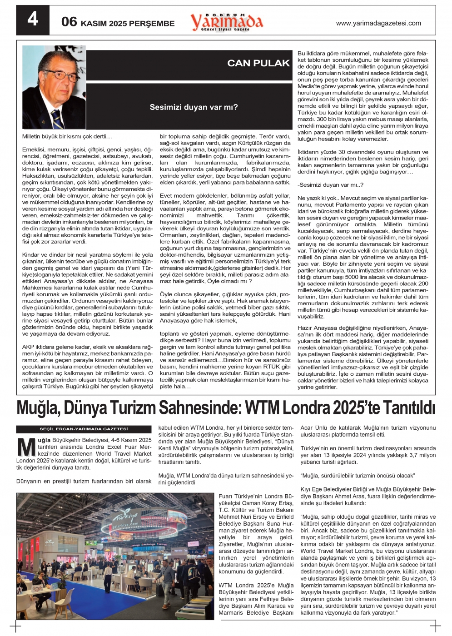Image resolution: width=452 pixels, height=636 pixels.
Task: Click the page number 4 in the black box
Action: click(32, 19)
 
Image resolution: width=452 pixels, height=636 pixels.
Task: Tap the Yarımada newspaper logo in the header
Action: click(226, 21)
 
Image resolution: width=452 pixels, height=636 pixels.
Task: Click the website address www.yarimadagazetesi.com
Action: click(378, 23)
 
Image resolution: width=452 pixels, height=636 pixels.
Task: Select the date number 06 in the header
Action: click(69, 21)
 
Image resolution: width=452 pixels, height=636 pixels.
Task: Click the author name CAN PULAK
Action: click(258, 63)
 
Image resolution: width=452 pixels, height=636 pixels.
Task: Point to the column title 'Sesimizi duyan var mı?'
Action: click(194, 108)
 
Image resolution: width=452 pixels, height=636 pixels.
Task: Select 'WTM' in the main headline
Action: click(263, 408)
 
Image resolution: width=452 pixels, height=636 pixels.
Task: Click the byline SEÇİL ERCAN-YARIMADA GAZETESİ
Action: click(84, 429)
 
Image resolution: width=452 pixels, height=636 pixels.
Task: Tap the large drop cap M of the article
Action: click(26, 447)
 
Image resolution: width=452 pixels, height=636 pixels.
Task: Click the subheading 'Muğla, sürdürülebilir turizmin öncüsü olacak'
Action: click(358, 476)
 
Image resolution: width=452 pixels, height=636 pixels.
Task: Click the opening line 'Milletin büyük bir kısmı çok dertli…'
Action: click(67, 136)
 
